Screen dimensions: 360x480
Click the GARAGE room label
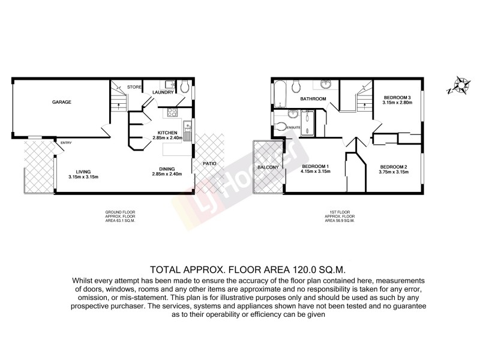61,102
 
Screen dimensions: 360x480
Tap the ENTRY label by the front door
65,142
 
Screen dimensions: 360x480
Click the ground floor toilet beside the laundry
186,86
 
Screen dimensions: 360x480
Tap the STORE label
134,88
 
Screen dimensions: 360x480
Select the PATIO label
209,163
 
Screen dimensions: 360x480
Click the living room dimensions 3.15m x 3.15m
83,177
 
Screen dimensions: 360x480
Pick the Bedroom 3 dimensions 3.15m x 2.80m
397,103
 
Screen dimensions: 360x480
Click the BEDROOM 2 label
393,166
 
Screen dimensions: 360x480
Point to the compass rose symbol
461,85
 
